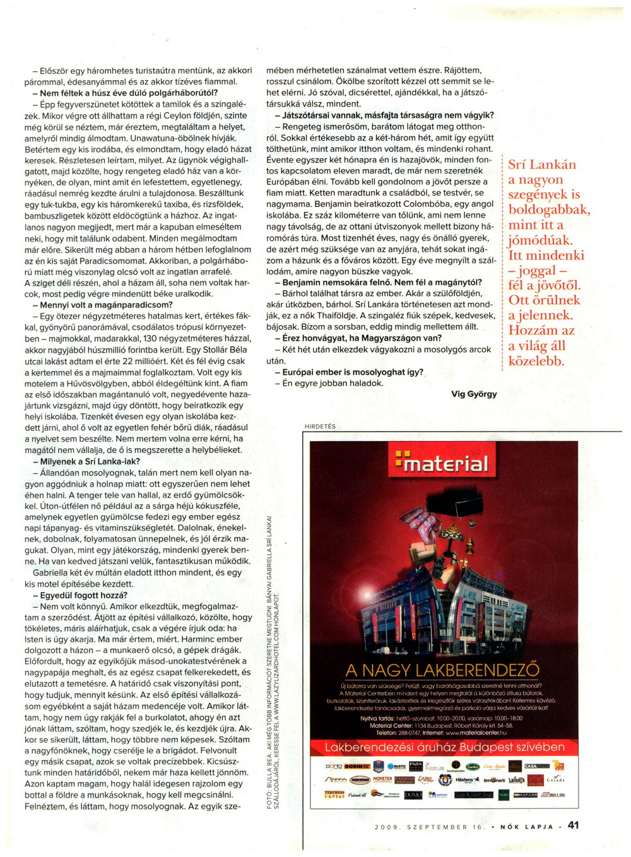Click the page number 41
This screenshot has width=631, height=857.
click(573, 825)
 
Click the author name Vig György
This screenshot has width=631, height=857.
click(474, 394)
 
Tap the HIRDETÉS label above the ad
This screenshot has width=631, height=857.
click(320, 427)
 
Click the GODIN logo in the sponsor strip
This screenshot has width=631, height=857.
click(355, 766)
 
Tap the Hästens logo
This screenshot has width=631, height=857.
click(468, 780)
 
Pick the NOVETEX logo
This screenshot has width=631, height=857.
click(382, 780)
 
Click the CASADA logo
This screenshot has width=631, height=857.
click(555, 780)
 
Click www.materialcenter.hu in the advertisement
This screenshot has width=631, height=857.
click(476, 733)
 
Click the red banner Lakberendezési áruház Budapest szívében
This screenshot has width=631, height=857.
click(444, 747)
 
